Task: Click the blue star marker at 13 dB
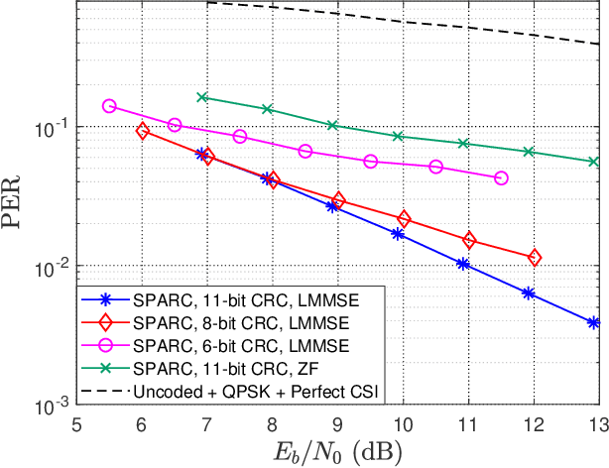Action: (594, 322)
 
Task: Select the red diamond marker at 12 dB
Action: (535, 258)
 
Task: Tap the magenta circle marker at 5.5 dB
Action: (109, 106)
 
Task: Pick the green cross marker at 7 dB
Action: (202, 97)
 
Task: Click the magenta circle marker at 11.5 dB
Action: (501, 178)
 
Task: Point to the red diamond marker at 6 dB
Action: (142, 130)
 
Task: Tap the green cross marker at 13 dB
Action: (594, 162)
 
